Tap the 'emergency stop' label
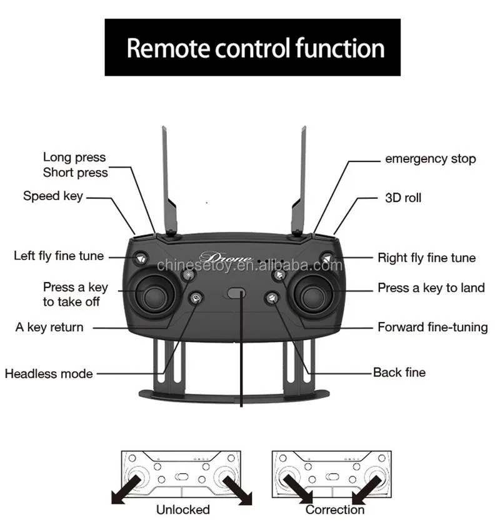click(430, 159)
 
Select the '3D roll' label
click(402, 198)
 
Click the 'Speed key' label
click(53, 196)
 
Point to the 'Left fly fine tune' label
click(59, 256)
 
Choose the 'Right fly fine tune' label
click(426, 258)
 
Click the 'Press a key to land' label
click(431, 288)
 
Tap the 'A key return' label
click(49, 327)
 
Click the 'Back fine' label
click(399, 373)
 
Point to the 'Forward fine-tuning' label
click(432, 327)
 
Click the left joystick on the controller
click(151, 296)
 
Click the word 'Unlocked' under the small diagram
click(183, 509)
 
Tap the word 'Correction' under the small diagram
click(335, 509)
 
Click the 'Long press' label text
click(74, 158)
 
